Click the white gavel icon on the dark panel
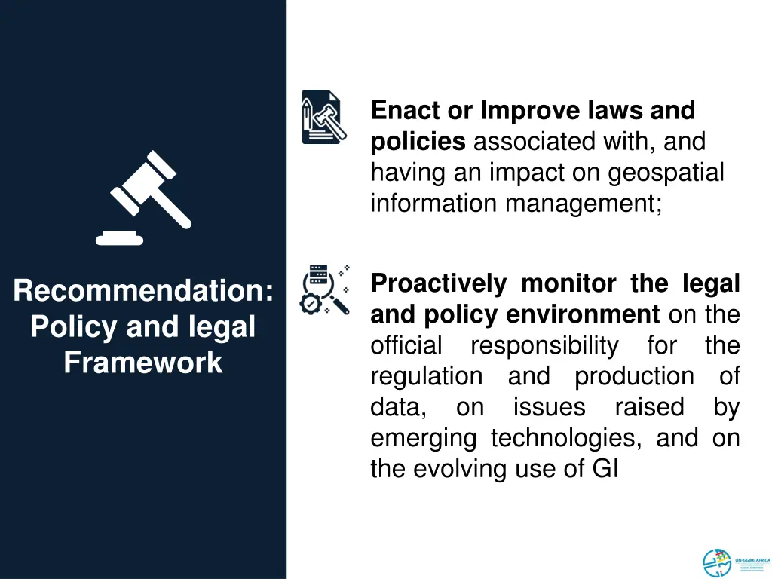[x=143, y=198]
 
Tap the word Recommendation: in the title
[x=143, y=291]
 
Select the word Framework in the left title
[x=143, y=363]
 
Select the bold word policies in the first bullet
[x=418, y=142]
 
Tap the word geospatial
[x=666, y=173]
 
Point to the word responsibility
[x=544, y=345]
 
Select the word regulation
[x=426, y=376]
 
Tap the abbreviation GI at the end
[x=605, y=469]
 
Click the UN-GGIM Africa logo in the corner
[x=735, y=562]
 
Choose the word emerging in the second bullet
[x=423, y=438]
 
